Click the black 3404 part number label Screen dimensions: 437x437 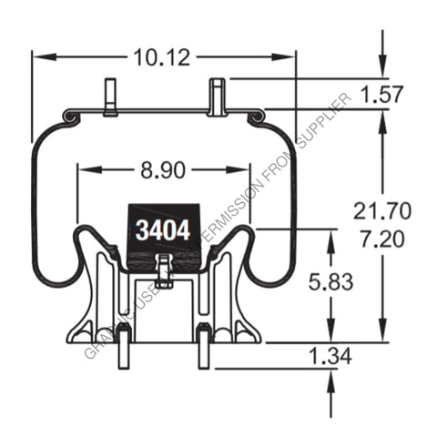tap(163, 229)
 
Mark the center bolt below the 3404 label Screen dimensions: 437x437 tap(163, 270)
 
